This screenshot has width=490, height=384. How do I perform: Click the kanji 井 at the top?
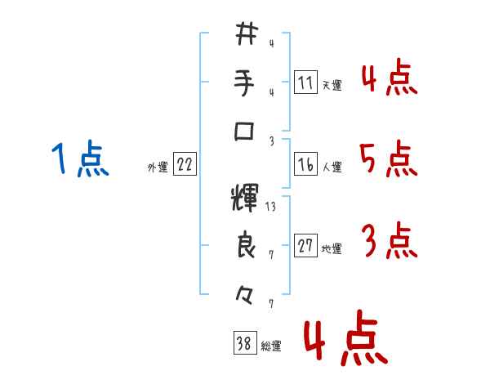(246, 34)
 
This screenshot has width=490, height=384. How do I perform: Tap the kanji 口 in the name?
(246, 131)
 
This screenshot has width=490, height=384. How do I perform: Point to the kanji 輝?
(245, 199)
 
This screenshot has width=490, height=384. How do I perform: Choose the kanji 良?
(246, 246)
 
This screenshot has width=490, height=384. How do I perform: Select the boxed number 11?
(305, 83)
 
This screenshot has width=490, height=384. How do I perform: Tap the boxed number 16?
(305, 165)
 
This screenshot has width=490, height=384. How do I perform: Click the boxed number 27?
(305, 247)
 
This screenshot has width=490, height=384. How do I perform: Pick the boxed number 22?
(185, 165)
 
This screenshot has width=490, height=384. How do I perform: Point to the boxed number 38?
(244, 345)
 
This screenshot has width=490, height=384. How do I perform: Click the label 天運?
(332, 85)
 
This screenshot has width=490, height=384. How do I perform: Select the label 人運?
(332, 167)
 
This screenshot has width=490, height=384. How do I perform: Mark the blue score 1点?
(80, 159)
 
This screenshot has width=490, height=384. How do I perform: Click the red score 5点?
(388, 159)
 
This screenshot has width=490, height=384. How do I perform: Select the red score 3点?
(389, 242)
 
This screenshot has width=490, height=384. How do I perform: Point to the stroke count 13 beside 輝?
(271, 207)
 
